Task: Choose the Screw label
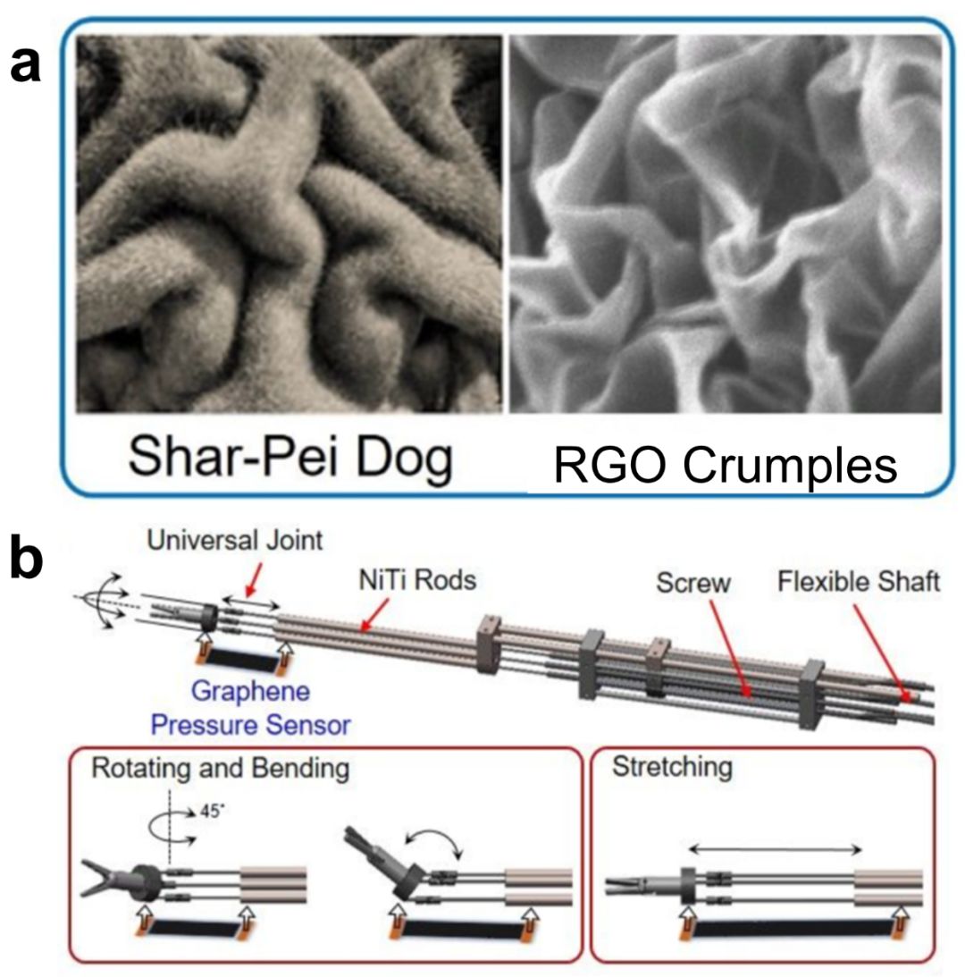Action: tap(693, 582)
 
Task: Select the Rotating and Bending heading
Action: tap(199, 770)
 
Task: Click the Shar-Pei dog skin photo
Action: tap(289, 223)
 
